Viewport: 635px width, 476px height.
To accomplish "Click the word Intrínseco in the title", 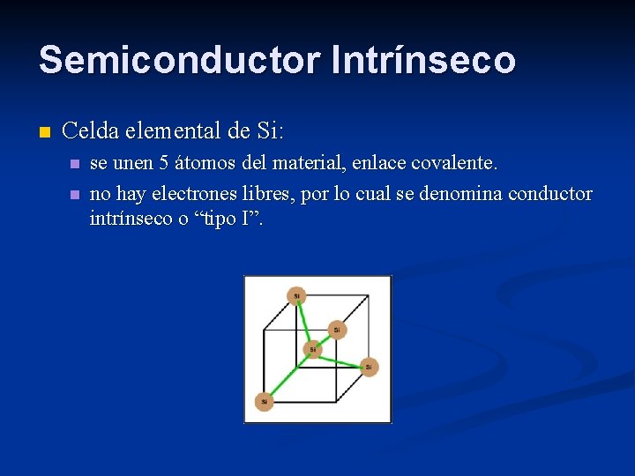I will pos(423,60).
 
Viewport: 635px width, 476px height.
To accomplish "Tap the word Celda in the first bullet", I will pos(92,132).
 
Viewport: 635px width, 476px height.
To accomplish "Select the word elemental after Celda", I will pos(173,132).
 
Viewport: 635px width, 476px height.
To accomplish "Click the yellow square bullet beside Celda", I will pos(45,133).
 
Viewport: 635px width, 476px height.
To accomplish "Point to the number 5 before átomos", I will pos(164,163).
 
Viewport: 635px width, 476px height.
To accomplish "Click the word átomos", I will pos(205,163).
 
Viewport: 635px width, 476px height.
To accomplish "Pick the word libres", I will pos(270,193).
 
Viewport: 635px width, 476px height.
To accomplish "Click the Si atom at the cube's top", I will pos(296,295).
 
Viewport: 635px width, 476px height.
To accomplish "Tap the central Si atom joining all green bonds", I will pos(312,349).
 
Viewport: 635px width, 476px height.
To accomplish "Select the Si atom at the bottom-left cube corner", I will pos(264,401).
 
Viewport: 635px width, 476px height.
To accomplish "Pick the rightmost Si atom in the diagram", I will pos(370,365).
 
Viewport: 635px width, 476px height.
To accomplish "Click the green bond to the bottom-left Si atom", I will pos(288,376).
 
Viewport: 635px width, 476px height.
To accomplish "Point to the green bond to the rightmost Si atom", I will pos(341,357).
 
